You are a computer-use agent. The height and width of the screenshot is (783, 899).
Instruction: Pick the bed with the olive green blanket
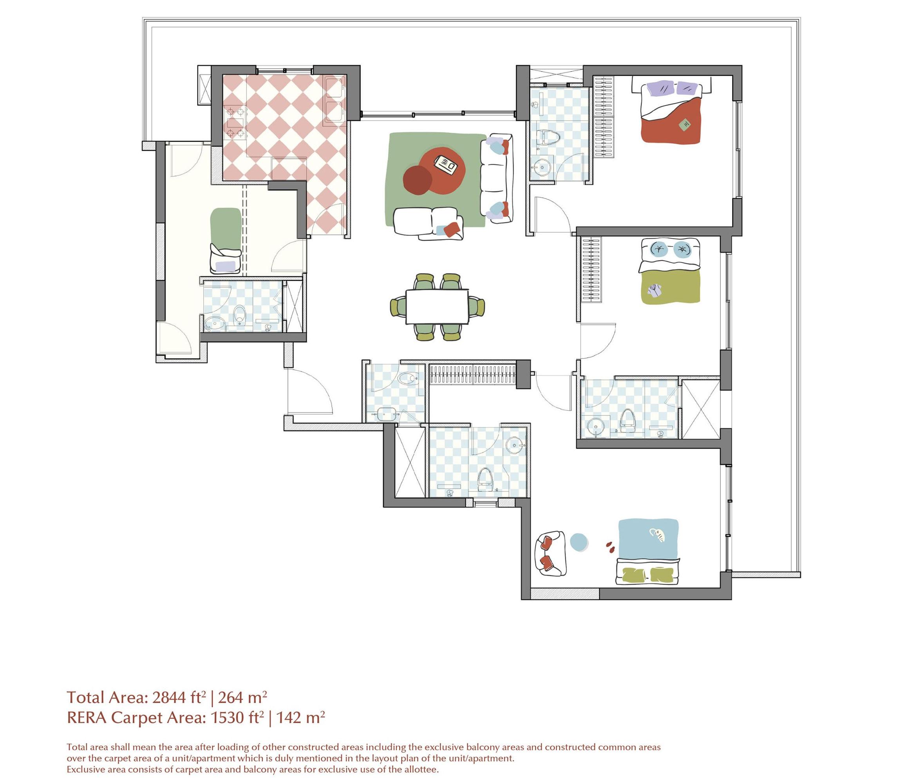670,274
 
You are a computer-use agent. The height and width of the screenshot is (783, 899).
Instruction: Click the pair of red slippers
610,545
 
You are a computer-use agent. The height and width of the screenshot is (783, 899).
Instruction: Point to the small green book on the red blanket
684,125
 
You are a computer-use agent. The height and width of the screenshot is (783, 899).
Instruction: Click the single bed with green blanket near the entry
225,240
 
